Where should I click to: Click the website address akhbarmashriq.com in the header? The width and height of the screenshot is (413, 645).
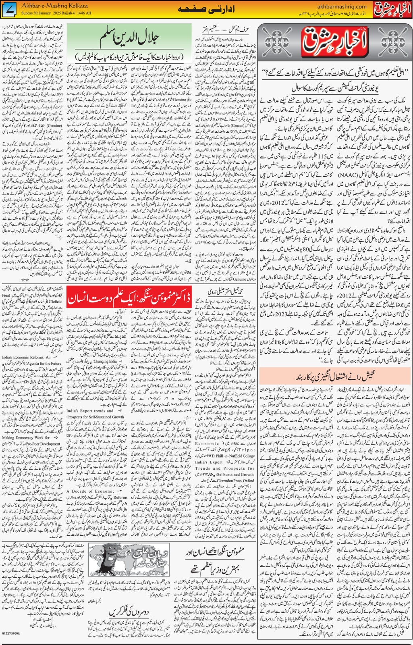342,6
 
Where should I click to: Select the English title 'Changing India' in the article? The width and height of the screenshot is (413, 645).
105,361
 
